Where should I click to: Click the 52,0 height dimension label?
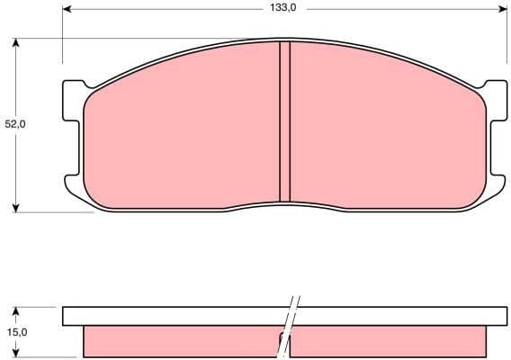[15, 124]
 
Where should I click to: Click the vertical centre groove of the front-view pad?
[284, 121]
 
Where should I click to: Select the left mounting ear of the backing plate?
[72, 135]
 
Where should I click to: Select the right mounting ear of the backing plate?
[496, 135]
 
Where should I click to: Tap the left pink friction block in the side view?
[180, 341]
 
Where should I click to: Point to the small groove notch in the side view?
[282, 337]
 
